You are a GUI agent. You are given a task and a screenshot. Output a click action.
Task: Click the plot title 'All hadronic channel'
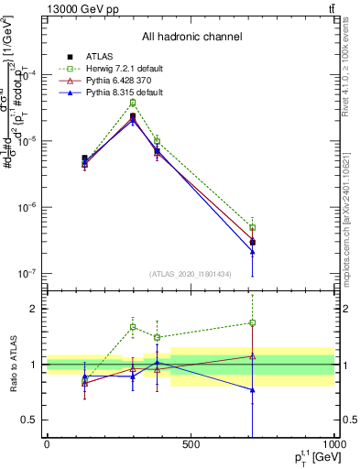point(191,37)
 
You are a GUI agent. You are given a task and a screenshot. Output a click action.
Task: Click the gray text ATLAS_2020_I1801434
point(190,274)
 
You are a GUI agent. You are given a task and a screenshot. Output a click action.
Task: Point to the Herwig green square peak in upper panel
point(133,103)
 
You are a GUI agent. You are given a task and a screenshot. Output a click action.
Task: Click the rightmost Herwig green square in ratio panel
point(252,322)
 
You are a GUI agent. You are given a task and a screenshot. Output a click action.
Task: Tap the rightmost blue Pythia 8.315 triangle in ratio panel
point(252,390)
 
